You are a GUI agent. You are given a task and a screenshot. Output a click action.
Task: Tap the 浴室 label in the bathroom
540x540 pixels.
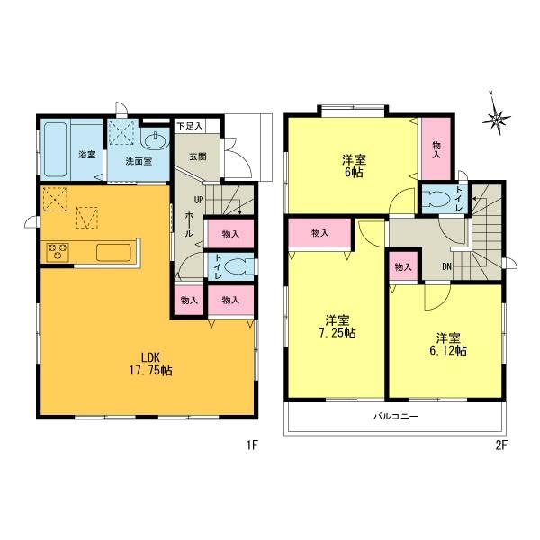click(88, 154)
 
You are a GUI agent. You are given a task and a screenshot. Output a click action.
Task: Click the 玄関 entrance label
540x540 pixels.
click(197, 155)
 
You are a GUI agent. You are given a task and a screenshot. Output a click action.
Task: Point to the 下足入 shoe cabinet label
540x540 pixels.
click(189, 127)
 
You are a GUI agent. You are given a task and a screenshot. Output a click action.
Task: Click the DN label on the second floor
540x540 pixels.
click(447, 265)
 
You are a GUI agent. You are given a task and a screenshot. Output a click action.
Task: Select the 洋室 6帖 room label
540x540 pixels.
click(352, 166)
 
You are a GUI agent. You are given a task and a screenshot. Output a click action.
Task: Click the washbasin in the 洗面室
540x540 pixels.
click(155, 140)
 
